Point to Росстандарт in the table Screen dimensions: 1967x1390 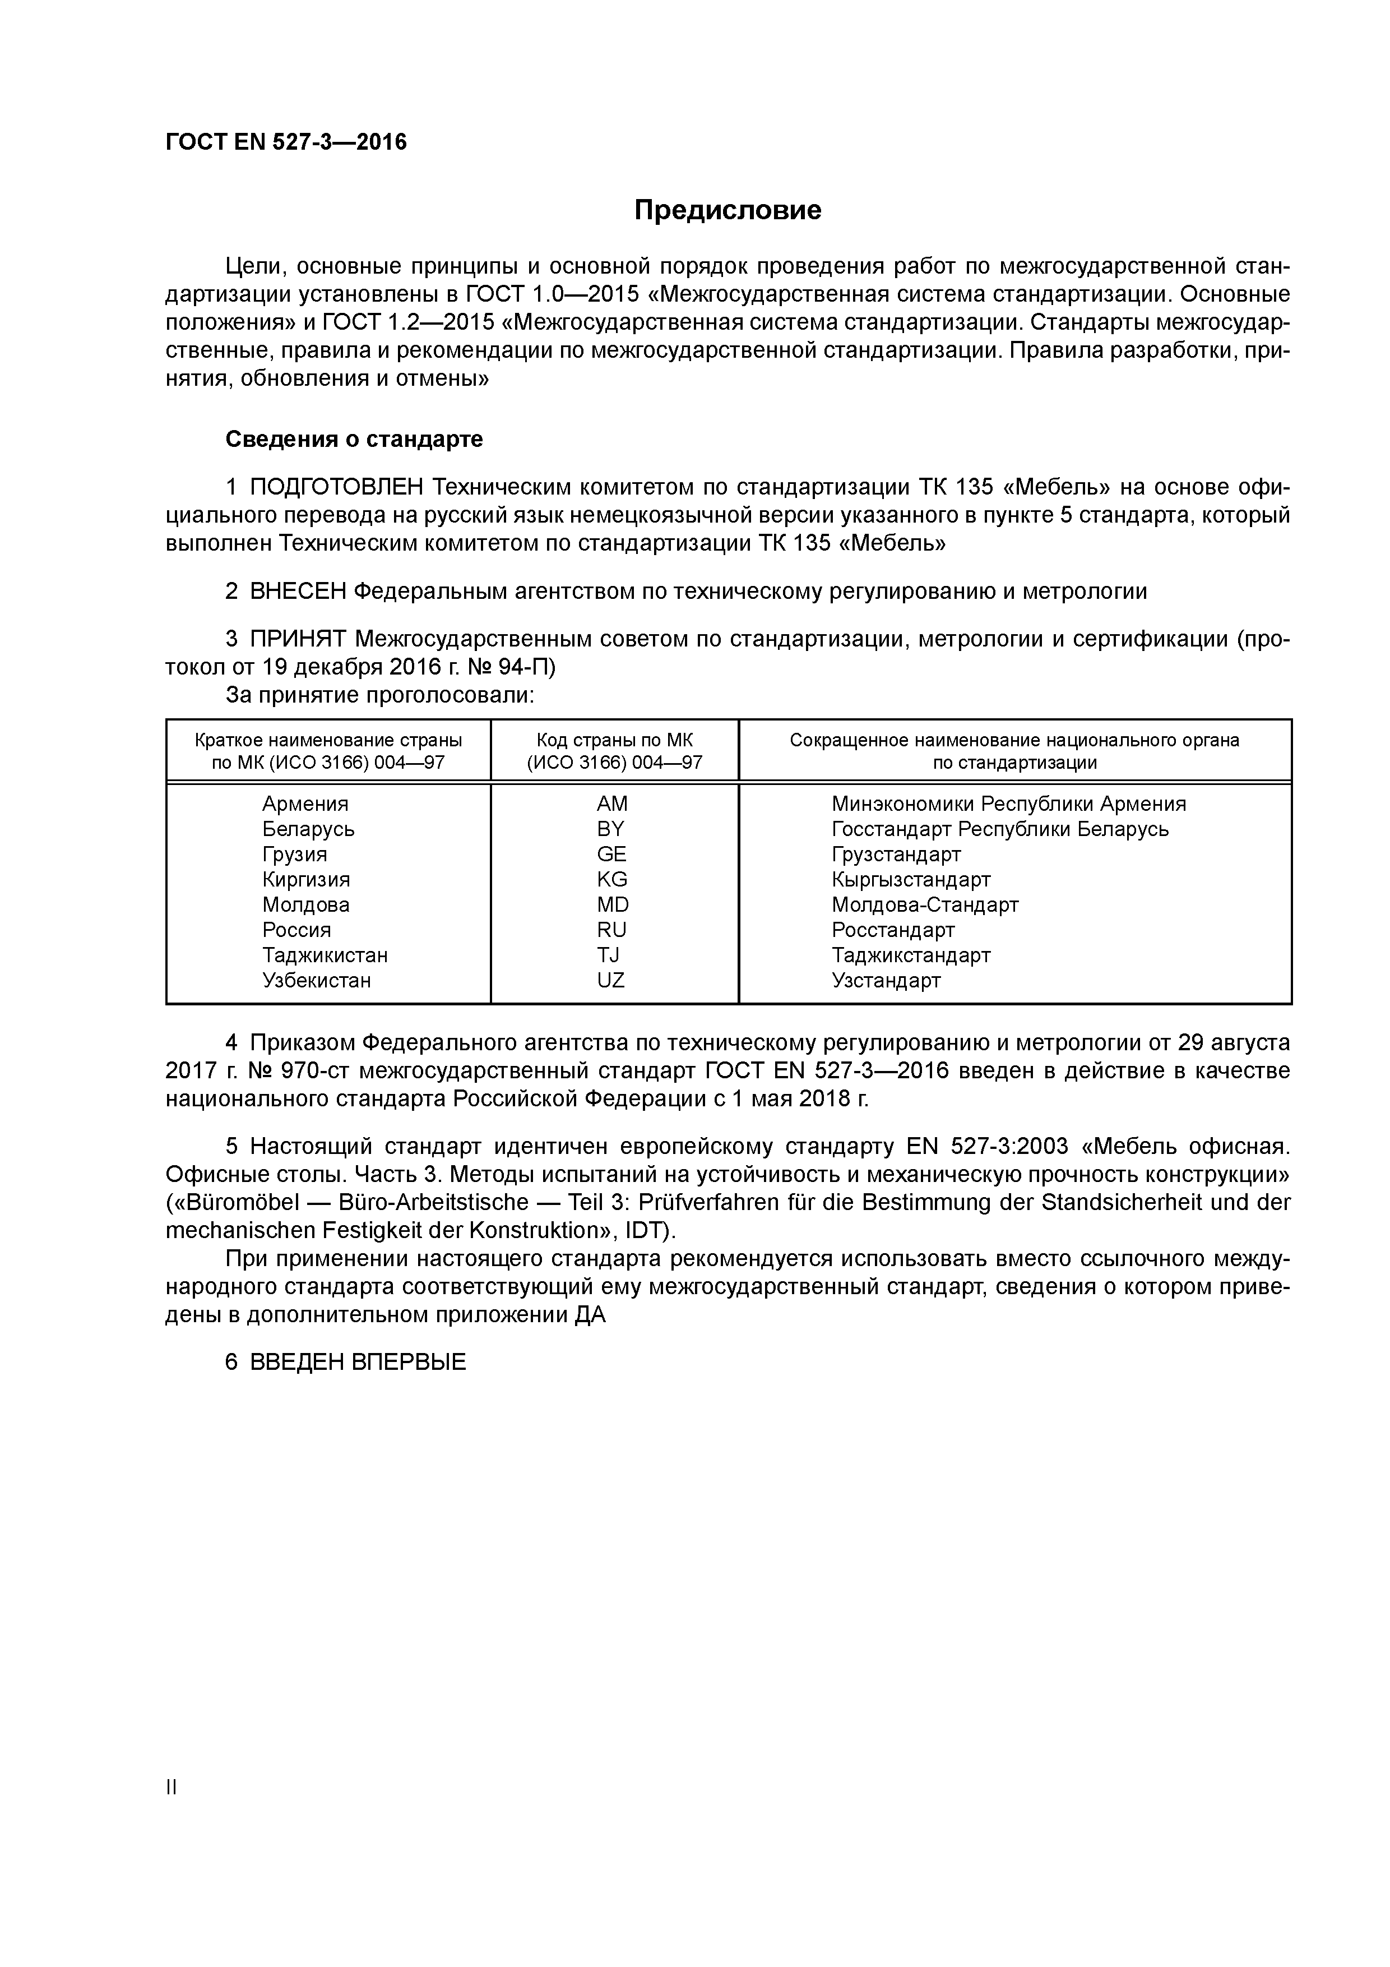click(892, 930)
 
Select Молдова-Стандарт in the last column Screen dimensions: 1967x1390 click(925, 904)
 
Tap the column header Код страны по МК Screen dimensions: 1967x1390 click(614, 740)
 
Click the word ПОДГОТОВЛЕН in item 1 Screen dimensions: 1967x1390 click(337, 487)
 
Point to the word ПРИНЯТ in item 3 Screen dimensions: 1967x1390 click(298, 639)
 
